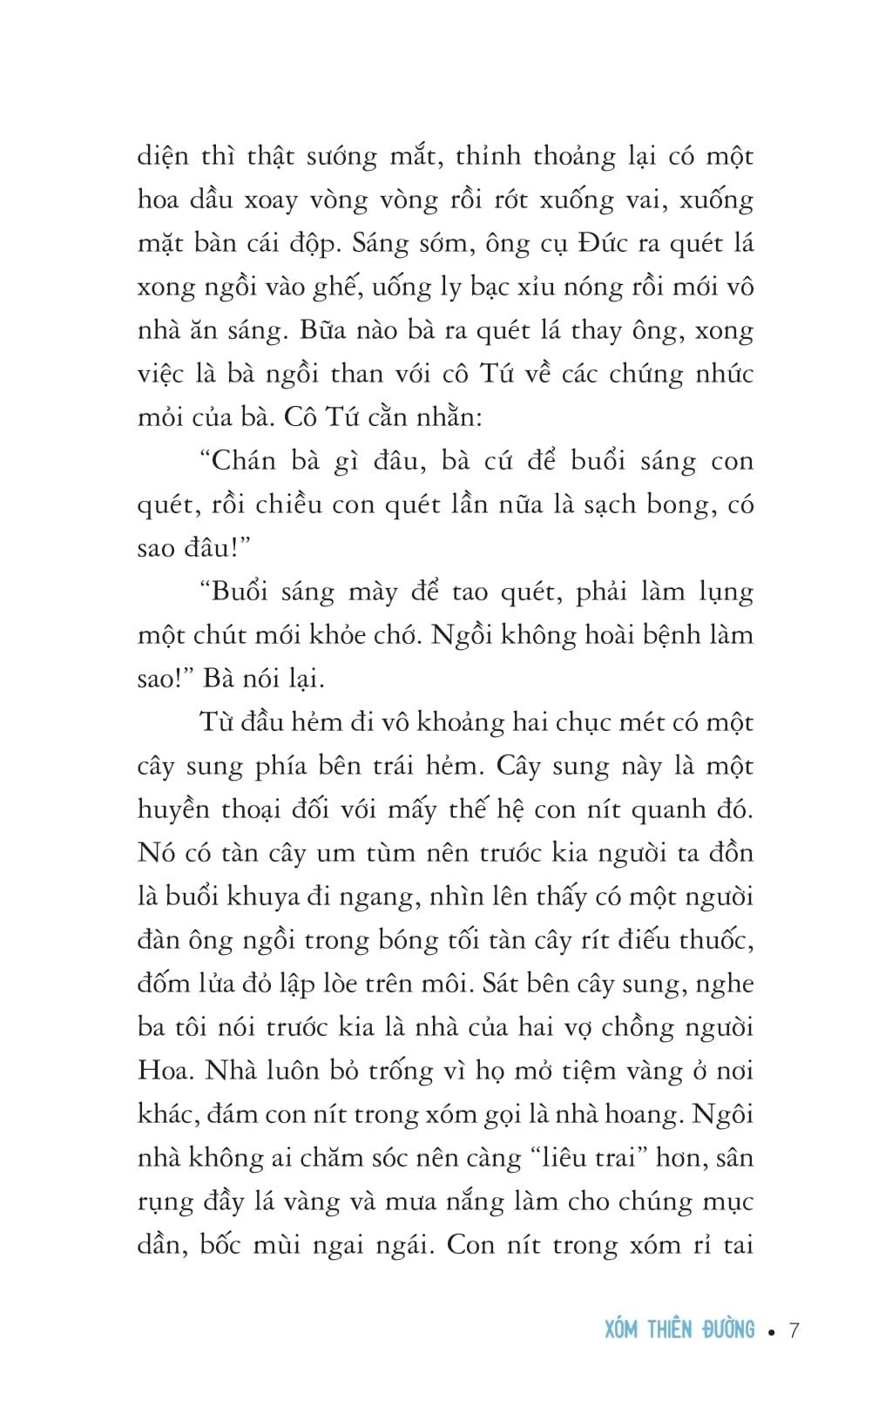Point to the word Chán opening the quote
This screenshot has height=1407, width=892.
click(x=251, y=461)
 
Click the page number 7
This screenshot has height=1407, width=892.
click(x=794, y=1329)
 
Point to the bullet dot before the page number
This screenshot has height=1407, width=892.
click(x=772, y=1331)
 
